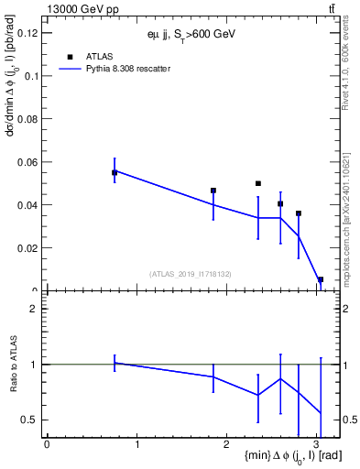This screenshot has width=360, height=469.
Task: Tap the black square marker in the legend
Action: point(70,57)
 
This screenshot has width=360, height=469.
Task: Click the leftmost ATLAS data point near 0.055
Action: point(115,172)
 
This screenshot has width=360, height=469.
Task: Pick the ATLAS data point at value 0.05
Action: point(258,183)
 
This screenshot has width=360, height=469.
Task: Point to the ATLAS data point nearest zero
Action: point(321,279)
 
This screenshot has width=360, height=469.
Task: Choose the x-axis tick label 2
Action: point(229,444)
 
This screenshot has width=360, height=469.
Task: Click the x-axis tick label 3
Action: point(321,444)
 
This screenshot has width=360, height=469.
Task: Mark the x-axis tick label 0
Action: point(47,444)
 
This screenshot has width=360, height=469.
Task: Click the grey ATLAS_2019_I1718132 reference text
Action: point(191,273)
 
